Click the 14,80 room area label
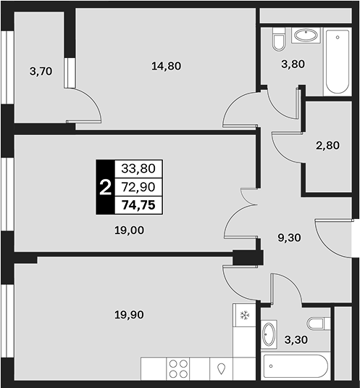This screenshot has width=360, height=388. coord(166,66)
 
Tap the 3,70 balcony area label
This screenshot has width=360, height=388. coord(41,71)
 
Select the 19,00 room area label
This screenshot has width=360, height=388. coord(129,231)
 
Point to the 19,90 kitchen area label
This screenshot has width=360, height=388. coord(129,315)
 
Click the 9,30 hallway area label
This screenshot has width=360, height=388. coord(289,238)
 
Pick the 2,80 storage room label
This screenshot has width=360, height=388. coord(327,145)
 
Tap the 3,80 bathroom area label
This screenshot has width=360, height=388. coord(293,64)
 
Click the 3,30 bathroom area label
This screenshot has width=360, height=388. coord(296,339)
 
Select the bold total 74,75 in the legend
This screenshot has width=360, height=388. coord(138,205)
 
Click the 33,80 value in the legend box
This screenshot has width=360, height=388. coord(138,168)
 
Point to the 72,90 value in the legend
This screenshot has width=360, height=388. coord(138,187)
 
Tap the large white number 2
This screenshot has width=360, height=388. coord(106,187)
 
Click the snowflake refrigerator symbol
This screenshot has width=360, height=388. coord(245,315)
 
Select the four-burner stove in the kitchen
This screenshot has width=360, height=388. coord(178,368)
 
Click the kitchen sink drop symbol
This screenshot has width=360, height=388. coord(221,368)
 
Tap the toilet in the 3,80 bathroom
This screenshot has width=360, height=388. coord(279,40)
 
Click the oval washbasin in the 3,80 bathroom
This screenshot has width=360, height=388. coord(306,36)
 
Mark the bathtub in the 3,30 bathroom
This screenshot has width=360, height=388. coord(296,366)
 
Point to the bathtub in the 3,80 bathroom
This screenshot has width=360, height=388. coord(338,62)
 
